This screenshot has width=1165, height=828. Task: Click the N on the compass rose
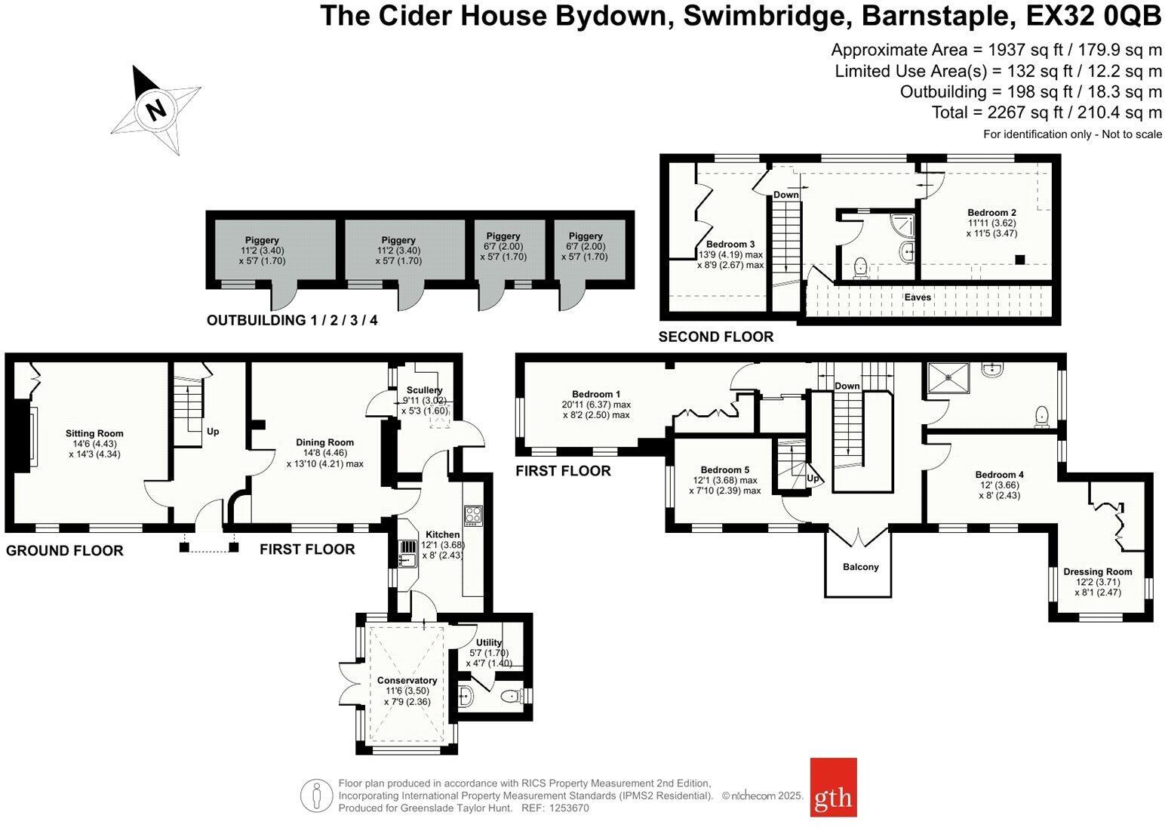tap(155, 110)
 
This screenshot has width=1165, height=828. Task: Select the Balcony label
tap(860, 567)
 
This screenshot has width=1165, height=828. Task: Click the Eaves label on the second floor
tap(918, 297)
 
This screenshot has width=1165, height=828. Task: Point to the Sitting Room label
tap(94, 433)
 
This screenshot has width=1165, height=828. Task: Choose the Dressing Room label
tap(1097, 571)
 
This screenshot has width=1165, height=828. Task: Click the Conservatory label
tap(407, 680)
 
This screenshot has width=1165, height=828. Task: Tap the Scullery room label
tap(424, 390)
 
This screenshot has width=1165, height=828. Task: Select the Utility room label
tap(489, 642)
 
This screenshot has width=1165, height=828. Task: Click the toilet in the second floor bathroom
tap(859, 268)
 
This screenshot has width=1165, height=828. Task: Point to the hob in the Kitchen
tap(473, 515)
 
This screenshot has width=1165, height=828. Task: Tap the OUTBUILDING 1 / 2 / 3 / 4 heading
tap(292, 320)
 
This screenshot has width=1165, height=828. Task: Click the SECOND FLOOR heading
tap(715, 337)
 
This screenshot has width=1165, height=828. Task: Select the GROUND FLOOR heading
tap(64, 551)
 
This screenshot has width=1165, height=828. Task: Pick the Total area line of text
tap(1047, 112)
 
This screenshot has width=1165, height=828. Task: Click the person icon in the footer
tap(317, 796)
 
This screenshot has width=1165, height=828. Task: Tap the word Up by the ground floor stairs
tap(213, 432)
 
